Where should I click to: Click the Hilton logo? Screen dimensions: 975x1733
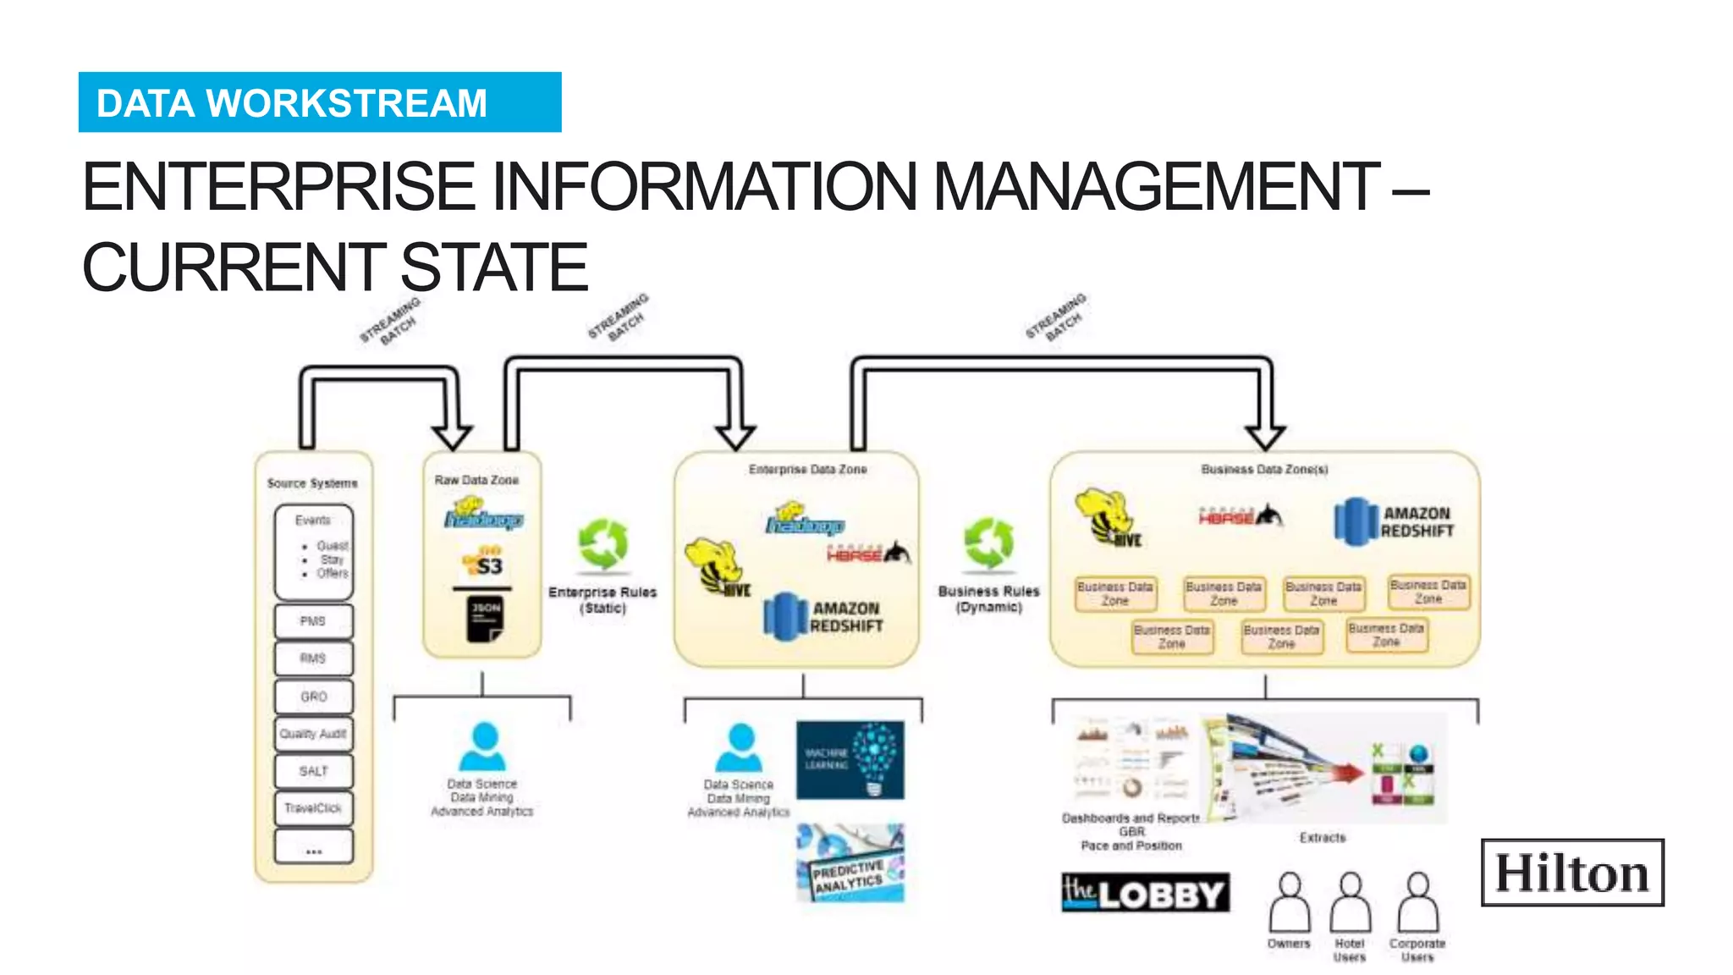(x=1572, y=873)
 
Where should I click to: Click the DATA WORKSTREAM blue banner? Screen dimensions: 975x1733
(x=320, y=102)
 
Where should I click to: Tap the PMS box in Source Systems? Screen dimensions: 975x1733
(x=313, y=621)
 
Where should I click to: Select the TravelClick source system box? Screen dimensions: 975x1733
(x=313, y=808)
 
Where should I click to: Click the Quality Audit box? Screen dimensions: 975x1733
(x=313, y=734)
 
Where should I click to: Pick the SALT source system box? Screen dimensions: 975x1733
(x=313, y=771)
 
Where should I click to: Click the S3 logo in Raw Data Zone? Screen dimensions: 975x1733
(x=483, y=562)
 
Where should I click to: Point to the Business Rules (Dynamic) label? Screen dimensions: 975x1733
(x=988, y=598)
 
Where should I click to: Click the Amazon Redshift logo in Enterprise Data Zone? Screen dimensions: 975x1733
(x=823, y=617)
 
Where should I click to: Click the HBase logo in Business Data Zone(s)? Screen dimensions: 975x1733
(x=1240, y=515)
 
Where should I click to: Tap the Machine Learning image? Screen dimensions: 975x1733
(x=850, y=760)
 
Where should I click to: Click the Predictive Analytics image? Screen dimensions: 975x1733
(x=850, y=863)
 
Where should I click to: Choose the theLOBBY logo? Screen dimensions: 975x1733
(x=1145, y=893)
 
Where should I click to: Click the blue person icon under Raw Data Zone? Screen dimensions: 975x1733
(x=483, y=746)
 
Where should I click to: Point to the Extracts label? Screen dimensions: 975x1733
(x=1322, y=837)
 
